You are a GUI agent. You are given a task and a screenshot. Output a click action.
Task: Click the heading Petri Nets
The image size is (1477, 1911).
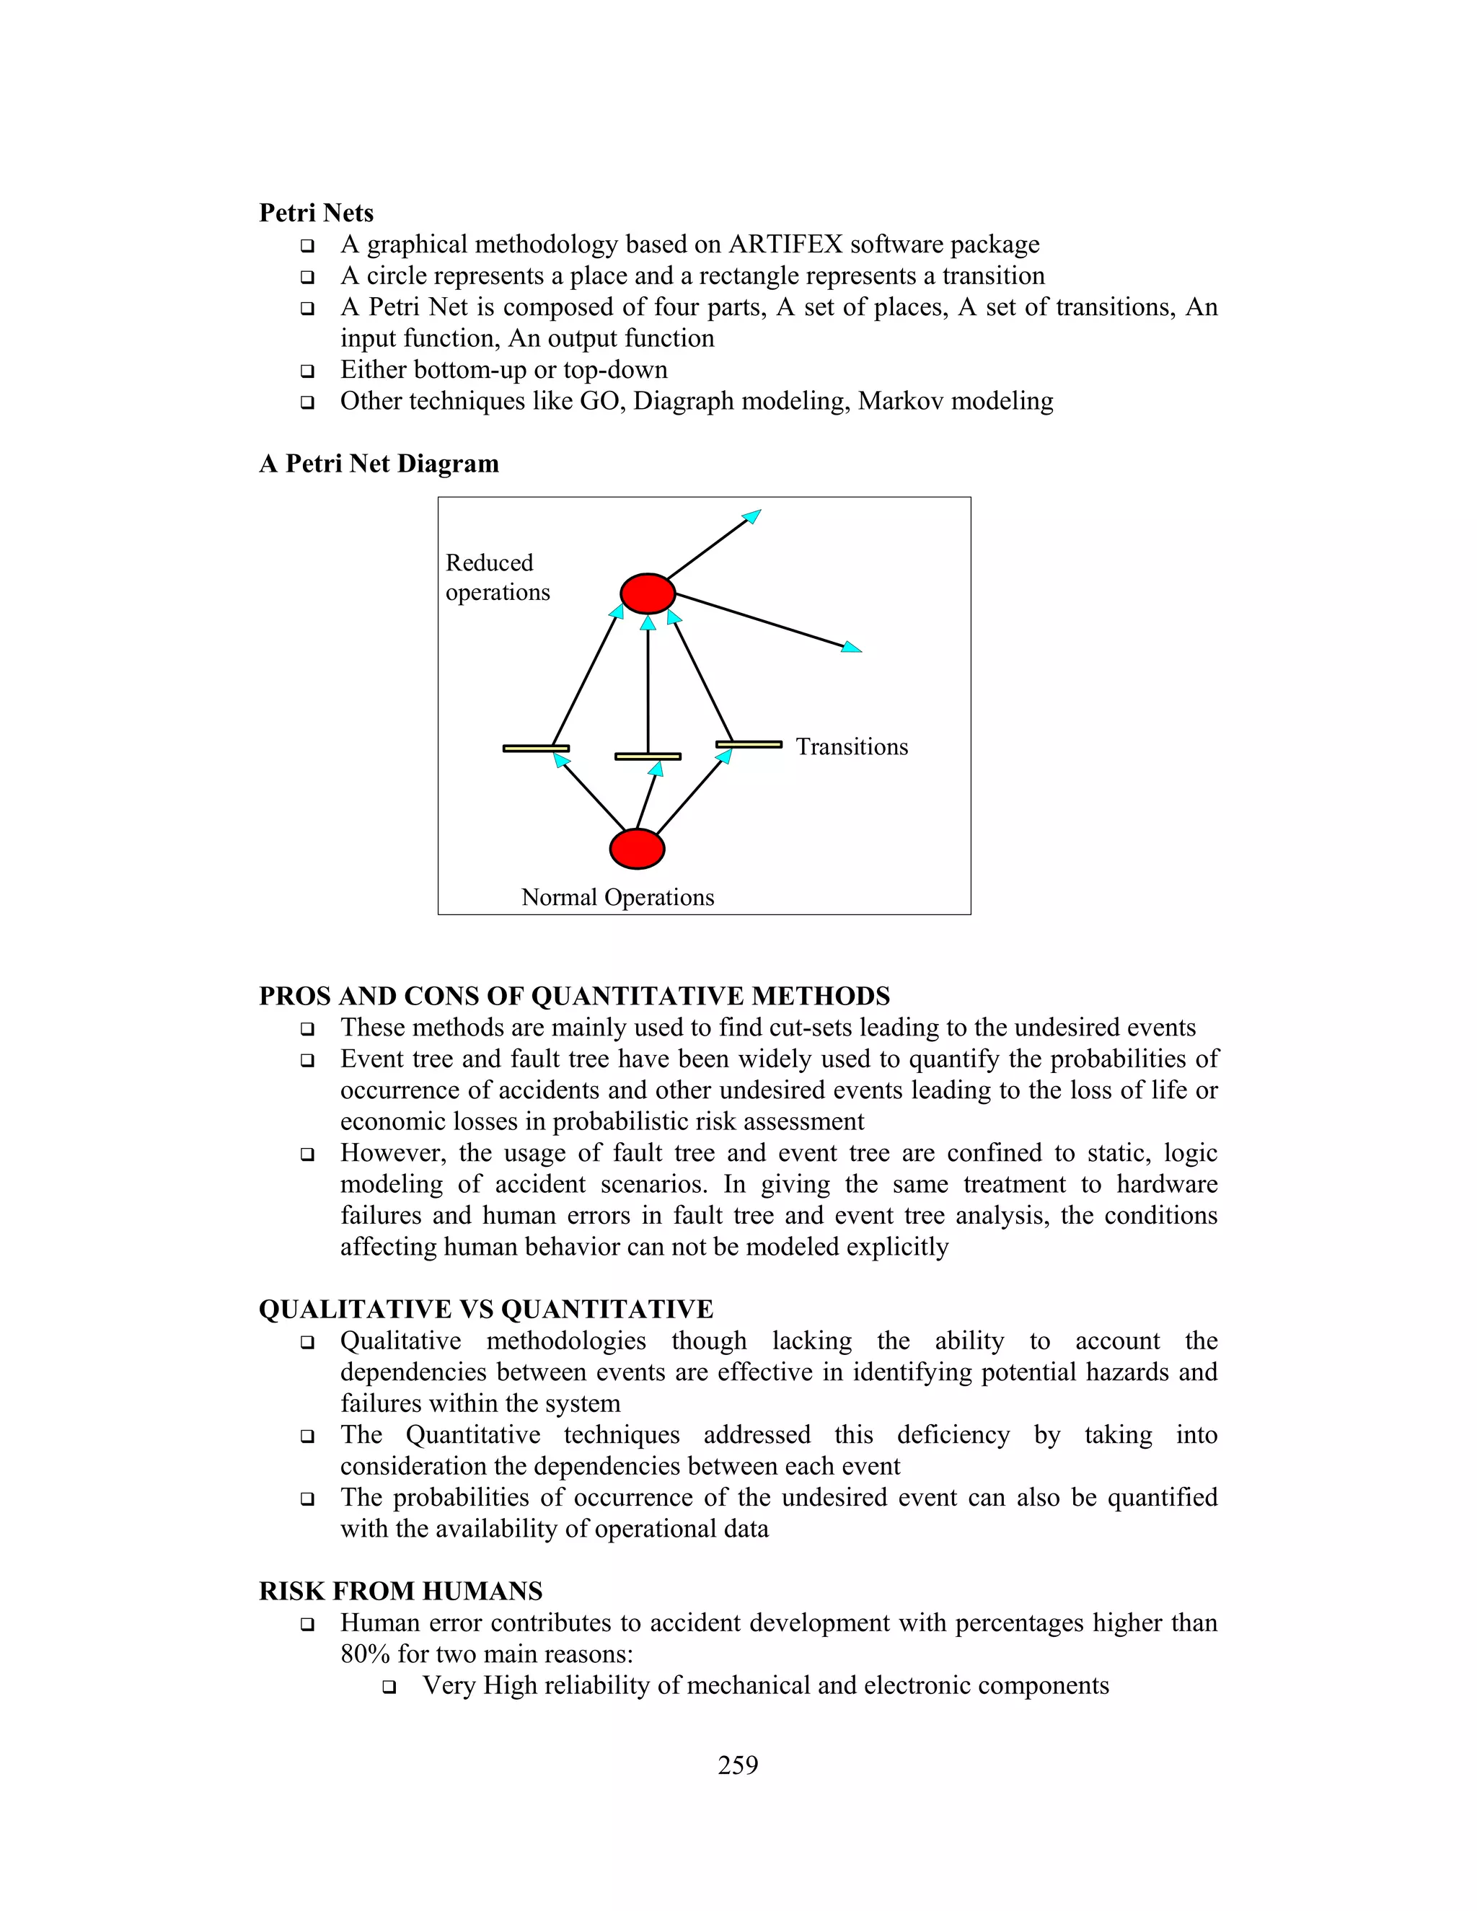316,213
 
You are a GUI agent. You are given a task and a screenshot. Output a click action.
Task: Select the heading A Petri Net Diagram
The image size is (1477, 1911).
379,463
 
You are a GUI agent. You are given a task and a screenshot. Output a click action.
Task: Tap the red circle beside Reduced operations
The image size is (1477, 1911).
648,594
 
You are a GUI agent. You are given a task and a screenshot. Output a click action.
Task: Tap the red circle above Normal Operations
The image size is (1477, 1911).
637,849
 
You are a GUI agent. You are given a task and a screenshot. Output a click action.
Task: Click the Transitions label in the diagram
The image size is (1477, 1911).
852,746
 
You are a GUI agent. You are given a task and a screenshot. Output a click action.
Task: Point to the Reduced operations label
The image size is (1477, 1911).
496,578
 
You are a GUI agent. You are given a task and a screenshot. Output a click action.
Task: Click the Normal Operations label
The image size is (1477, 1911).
618,897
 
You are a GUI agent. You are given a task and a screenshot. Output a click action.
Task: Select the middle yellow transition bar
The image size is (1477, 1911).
648,756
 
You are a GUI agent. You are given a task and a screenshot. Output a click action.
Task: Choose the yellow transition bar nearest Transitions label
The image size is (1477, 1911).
749,745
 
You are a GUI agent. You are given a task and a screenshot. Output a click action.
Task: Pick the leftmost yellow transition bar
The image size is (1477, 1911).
536,748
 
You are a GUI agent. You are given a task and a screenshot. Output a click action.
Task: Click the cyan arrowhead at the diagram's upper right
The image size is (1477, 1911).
751,516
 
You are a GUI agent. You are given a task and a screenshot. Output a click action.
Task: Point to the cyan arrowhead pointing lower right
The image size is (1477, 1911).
852,648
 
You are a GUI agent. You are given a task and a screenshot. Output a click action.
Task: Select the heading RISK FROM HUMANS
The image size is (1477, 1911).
401,1591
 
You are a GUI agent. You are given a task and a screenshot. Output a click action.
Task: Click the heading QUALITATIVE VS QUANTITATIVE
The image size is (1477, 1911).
485,1309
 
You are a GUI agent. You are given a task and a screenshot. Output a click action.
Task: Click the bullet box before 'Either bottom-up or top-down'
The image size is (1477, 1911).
307,371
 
